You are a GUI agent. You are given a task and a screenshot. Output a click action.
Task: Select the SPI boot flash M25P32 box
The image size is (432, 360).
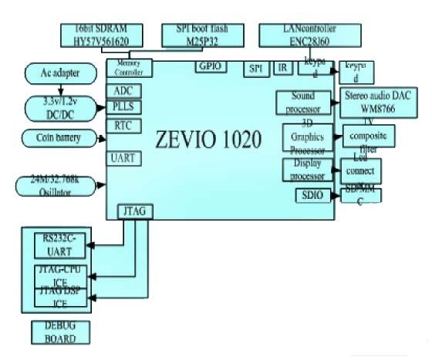[199, 34]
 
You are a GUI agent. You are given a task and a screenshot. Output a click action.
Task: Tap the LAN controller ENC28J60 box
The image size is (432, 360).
[309, 34]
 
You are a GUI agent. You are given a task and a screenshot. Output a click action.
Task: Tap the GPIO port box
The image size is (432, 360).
[211, 67]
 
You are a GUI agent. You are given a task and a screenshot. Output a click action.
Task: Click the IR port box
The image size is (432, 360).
[282, 69]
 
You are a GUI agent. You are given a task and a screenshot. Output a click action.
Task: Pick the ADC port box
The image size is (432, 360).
[123, 91]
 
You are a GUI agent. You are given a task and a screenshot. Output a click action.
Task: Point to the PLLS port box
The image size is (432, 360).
[123, 107]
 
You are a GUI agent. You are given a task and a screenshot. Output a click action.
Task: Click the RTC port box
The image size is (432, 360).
[123, 124]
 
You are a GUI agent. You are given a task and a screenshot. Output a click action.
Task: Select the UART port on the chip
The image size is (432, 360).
[123, 157]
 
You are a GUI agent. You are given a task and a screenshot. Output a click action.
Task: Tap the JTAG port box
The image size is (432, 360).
[133, 210]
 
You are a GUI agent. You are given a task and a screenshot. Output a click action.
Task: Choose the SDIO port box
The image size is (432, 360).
[313, 196]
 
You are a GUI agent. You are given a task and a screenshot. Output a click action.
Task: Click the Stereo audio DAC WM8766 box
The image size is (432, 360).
[378, 101]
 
